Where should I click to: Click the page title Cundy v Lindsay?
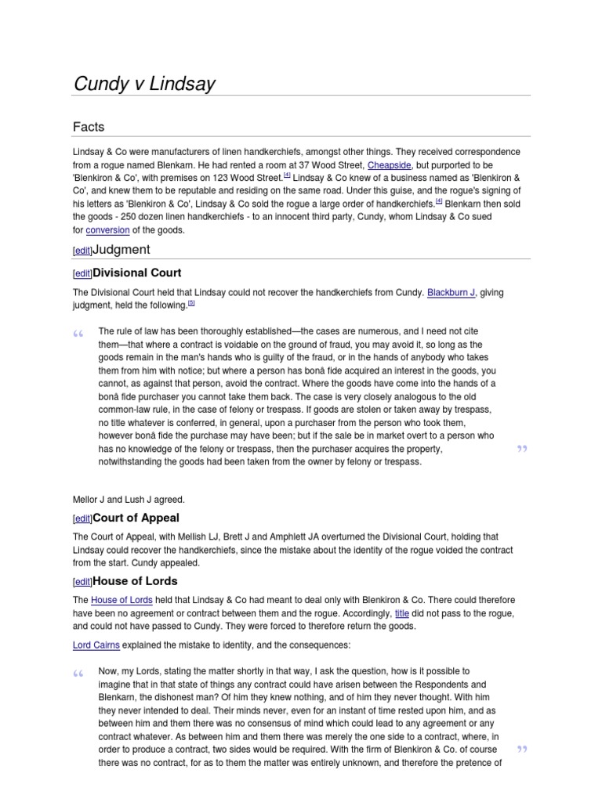[144, 84]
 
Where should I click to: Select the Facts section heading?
[89, 127]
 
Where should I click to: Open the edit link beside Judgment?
[82, 251]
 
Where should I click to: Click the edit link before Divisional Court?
[82, 273]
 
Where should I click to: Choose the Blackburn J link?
[451, 292]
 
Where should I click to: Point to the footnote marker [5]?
[190, 304]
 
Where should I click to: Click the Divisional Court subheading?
[137, 273]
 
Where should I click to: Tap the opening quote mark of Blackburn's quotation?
[78, 336]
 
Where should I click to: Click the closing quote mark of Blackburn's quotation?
[522, 449]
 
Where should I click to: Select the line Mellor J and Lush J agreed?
[129, 499]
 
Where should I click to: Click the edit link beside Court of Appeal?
[82, 518]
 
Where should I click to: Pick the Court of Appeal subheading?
[136, 518]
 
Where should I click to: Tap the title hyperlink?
[403, 612]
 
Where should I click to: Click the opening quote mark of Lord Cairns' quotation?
[78, 675]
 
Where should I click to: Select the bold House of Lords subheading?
[135, 581]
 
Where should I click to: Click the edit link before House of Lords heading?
[82, 582]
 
